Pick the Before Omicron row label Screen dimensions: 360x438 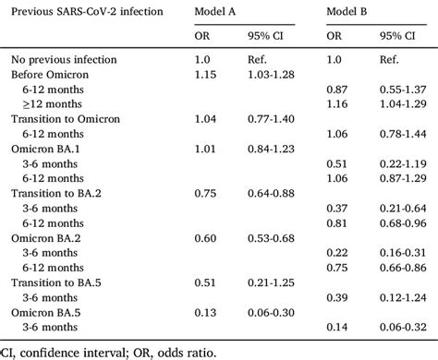coord(46,74)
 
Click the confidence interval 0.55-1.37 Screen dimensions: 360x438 coord(407,90)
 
